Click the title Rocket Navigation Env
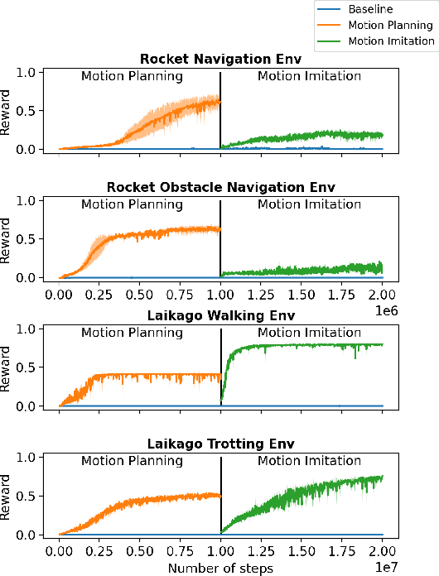click(x=219, y=59)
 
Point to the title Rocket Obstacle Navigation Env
click(x=219, y=187)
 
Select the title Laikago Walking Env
click(x=219, y=315)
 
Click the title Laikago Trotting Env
click(x=219, y=444)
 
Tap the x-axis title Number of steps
click(x=220, y=568)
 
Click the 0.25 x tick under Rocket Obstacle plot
click(x=99, y=295)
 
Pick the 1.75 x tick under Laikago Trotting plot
click(x=341, y=551)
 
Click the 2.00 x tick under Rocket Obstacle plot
click(x=382, y=295)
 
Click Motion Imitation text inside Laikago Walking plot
click(x=309, y=333)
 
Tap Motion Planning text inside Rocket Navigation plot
click(x=132, y=76)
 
